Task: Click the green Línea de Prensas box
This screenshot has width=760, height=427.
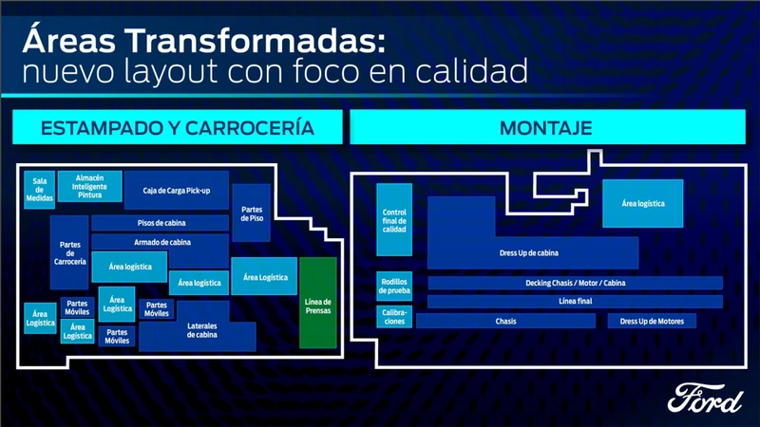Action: coord(318,302)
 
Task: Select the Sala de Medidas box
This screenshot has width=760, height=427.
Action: coord(39,189)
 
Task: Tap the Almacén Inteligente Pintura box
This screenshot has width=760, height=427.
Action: coord(90,186)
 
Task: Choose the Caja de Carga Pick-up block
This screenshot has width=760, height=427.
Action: coord(177,192)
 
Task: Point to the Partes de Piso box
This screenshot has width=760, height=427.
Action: coord(252,213)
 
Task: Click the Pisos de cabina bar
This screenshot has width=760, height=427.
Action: coord(160,223)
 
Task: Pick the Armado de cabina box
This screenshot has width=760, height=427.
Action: coord(160,243)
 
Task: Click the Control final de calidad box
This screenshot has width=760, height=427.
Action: coord(393,219)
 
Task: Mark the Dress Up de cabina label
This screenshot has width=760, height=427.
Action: coord(528,252)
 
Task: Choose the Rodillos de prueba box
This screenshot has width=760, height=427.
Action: coord(393,287)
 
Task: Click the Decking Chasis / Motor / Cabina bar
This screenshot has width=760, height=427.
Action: coord(575,283)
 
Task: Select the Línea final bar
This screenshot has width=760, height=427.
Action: coord(575,302)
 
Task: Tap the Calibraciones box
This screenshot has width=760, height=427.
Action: coord(393,316)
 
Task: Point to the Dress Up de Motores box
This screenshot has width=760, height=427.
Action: coord(652,321)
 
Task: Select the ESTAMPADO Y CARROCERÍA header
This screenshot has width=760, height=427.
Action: coord(177,126)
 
